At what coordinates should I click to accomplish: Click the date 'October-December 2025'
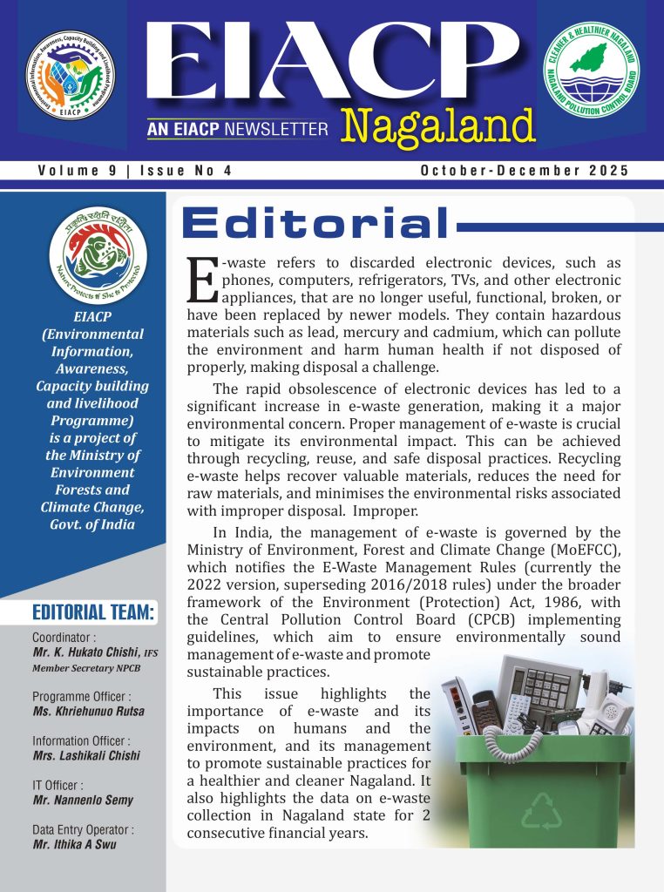pyautogui.click(x=525, y=171)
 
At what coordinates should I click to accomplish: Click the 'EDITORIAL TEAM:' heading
pyautogui.click(x=93, y=612)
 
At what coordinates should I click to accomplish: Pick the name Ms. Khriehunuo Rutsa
pyautogui.click(x=89, y=711)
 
